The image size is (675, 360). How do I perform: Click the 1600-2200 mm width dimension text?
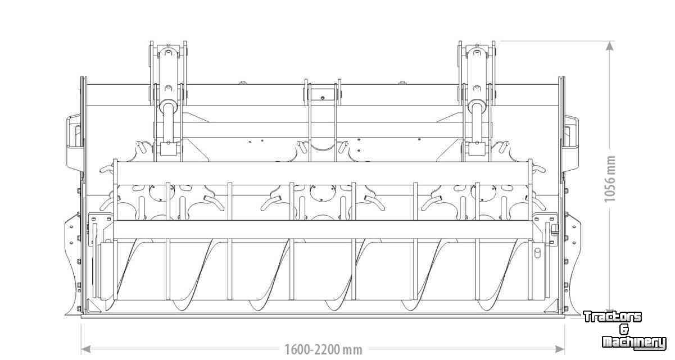(324, 350)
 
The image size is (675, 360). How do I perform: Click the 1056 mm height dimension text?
(610, 179)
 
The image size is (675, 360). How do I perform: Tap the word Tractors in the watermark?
(613, 317)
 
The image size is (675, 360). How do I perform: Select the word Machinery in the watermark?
(634, 343)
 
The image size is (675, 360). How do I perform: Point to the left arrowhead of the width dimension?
(86, 349)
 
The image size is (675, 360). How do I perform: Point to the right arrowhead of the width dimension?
(560, 349)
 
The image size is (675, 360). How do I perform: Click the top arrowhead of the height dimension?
(610, 45)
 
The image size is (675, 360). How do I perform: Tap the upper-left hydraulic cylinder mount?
(168, 73)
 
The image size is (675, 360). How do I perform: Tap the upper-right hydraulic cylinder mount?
(477, 73)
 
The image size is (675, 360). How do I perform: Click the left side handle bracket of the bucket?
(75, 143)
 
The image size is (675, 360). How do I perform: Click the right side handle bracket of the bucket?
(570, 143)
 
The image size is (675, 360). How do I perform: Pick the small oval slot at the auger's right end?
(537, 252)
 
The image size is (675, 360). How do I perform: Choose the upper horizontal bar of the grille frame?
(323, 173)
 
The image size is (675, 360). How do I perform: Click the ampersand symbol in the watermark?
(624, 330)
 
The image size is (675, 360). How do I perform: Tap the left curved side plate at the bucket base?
(73, 265)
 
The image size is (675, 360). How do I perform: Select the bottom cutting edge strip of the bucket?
(323, 316)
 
